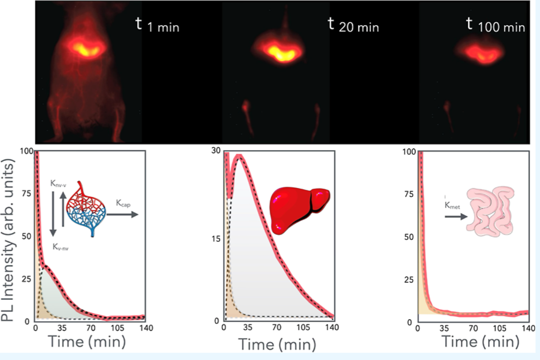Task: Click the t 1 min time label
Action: [x=157, y=25]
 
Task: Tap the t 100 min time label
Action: [x=495, y=25]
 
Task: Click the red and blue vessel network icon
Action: [x=86, y=208]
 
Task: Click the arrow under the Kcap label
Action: [x=123, y=215]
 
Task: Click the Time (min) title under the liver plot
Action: [x=277, y=343]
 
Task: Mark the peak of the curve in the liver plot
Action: [x=240, y=157]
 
